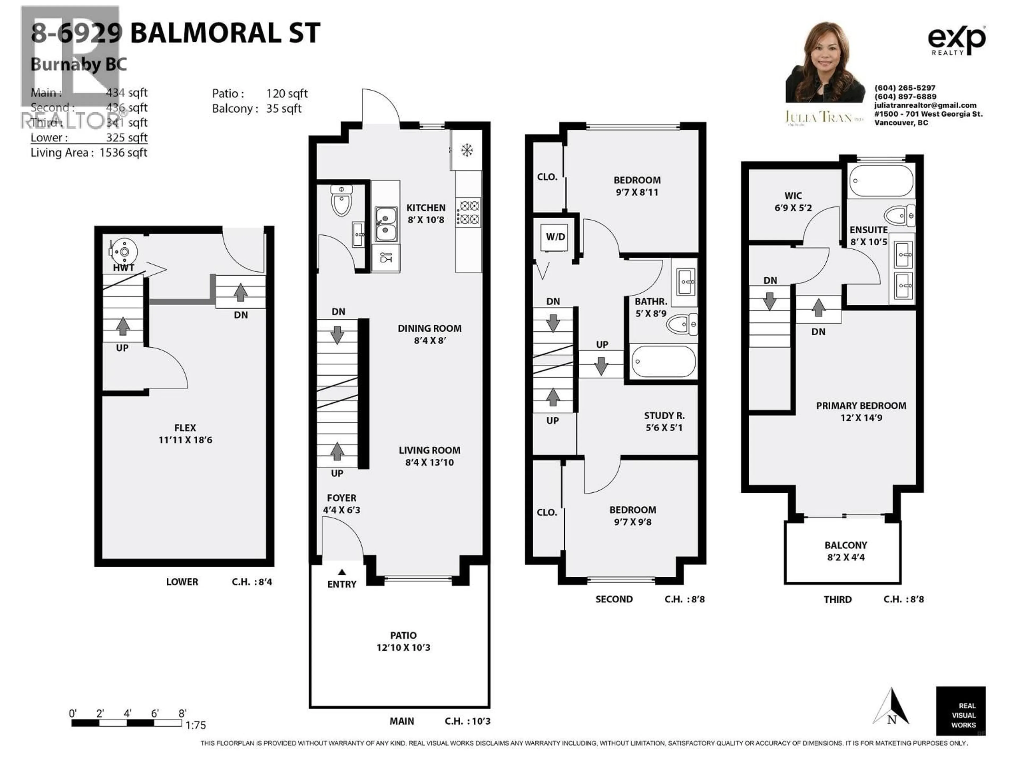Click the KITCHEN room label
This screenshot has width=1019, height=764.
coord(426,208)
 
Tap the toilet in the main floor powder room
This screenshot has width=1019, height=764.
coord(341,202)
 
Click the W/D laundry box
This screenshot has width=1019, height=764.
coord(555,237)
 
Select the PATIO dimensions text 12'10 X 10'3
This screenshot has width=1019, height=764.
coord(403,648)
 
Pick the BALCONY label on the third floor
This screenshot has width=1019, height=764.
coord(845,545)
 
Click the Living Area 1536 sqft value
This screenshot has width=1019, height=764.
coord(123,153)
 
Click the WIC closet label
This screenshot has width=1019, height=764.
coord(793,196)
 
